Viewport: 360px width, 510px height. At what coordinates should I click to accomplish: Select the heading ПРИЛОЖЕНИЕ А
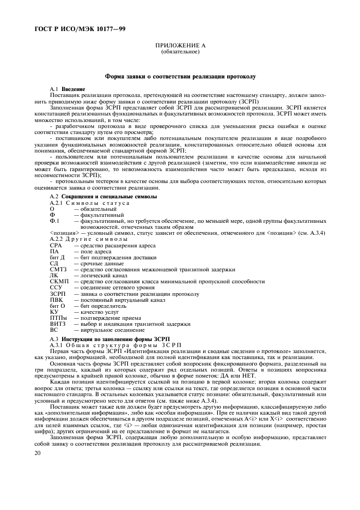point(180,47)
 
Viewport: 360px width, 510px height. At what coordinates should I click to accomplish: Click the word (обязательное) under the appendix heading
point(180,53)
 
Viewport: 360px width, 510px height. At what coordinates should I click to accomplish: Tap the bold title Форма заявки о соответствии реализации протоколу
point(180,77)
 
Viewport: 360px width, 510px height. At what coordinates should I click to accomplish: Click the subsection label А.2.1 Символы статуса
point(89,203)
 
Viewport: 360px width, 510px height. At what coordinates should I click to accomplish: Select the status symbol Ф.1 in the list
point(54,221)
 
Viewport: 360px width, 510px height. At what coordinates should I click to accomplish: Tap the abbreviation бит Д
point(57,257)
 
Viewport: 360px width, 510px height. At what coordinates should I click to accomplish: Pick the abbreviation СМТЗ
point(58,269)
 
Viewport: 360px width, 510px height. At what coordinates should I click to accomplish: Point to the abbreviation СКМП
point(58,281)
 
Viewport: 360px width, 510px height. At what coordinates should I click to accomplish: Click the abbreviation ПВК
point(56,300)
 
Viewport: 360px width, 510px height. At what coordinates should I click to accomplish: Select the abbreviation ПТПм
point(58,318)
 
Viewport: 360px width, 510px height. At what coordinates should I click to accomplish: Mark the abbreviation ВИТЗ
point(57,324)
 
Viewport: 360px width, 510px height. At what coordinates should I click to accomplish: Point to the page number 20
point(38,453)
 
